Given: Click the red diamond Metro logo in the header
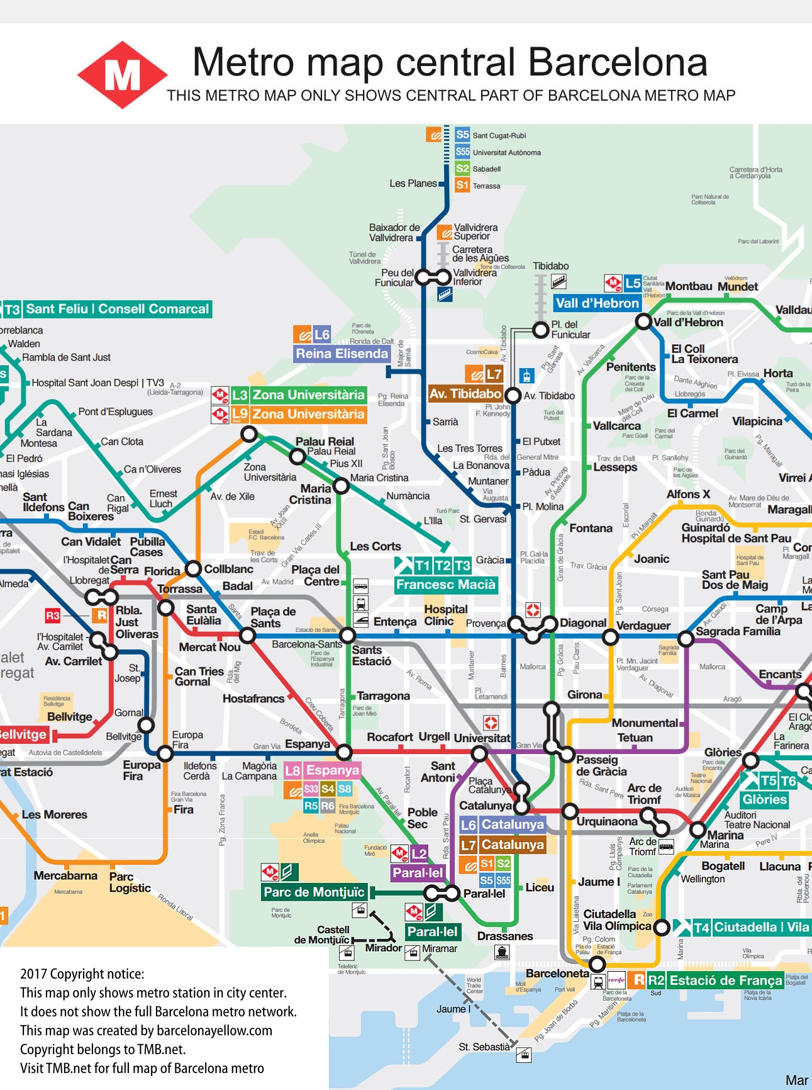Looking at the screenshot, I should (122, 75).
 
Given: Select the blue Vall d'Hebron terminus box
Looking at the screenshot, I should (597, 303).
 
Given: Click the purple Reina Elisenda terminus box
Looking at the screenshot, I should (342, 354).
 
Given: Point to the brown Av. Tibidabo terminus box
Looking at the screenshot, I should (465, 394).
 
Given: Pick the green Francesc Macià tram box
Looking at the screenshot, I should (445, 585).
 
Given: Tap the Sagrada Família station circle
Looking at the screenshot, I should (686, 639).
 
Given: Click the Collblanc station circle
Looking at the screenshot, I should (193, 568).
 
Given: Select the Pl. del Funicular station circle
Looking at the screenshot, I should (540, 329).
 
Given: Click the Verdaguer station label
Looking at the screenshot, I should (643, 626).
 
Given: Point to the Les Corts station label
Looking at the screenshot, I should (375, 546).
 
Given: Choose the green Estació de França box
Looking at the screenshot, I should (725, 980).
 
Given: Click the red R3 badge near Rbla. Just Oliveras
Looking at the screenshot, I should (53, 615).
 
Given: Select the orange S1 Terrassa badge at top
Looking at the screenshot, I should (462, 185).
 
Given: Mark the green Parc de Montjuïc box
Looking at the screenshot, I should (314, 892).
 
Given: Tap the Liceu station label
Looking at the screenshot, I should (540, 887).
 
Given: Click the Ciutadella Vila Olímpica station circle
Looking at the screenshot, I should (661, 926).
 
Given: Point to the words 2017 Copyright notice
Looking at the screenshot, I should (82, 974).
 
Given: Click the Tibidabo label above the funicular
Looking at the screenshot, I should (550, 266).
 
